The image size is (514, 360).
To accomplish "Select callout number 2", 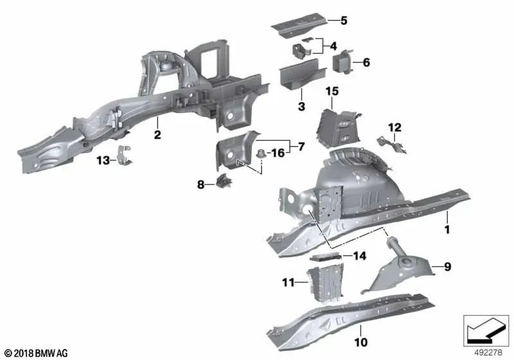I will point(157,135).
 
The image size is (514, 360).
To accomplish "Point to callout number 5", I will point(344,21).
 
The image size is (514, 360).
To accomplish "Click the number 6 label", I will point(366,62).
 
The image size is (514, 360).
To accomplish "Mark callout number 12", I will point(394,127).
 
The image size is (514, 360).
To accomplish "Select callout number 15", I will point(331,92).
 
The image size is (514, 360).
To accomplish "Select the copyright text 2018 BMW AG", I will point(35,353).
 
